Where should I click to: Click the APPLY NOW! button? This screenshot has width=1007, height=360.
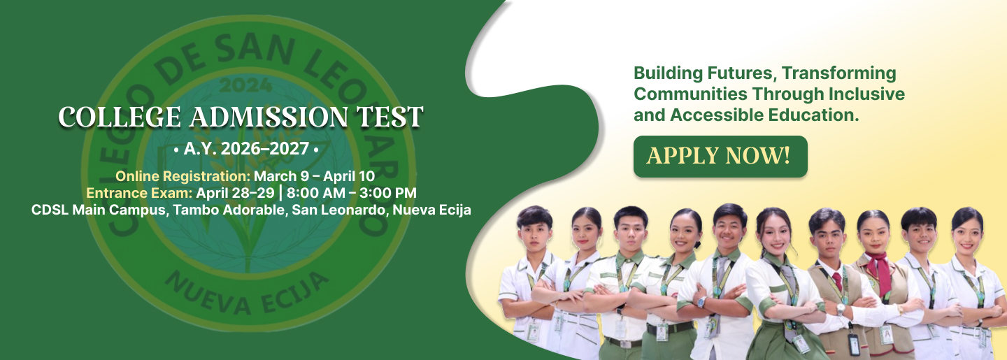pyautogui.click(x=720, y=156)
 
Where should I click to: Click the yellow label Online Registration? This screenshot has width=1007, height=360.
pyautogui.click(x=183, y=175)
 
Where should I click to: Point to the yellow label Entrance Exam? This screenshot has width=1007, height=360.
pyautogui.click(x=139, y=192)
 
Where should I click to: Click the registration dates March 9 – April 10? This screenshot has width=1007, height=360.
pyautogui.click(x=314, y=175)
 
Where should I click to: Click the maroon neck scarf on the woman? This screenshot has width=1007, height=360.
pyautogui.click(x=878, y=273)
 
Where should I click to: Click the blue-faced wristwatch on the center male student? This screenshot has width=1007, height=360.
pyautogui.click(x=701, y=302)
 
